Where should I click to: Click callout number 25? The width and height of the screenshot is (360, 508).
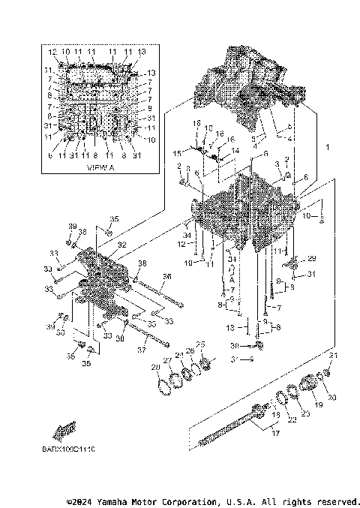pyautogui.click(x=199, y=344)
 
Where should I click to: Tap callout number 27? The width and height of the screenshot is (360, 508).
pyautogui.click(x=169, y=360)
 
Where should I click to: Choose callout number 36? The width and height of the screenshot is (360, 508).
pyautogui.click(x=167, y=276)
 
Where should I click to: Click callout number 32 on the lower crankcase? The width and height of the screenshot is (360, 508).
pyautogui.click(x=121, y=244)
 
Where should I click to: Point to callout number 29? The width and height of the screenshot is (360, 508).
pyautogui.click(x=312, y=258)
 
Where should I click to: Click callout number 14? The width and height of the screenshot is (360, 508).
pyautogui.click(x=235, y=150)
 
